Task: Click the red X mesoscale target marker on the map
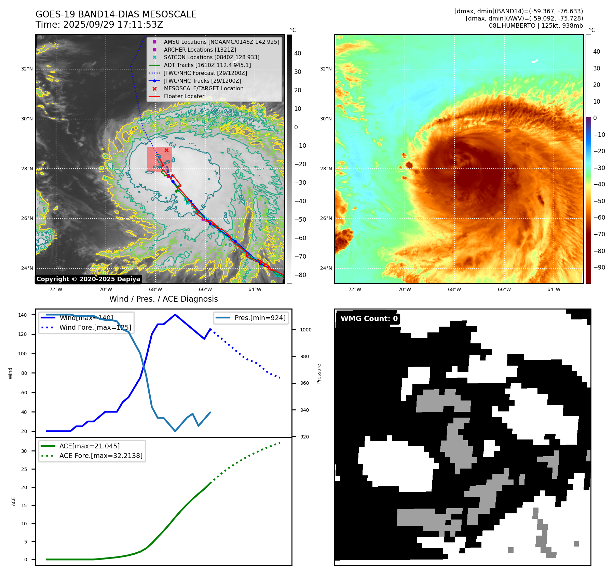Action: (x=166, y=150)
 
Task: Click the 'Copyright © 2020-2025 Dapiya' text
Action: (x=88, y=279)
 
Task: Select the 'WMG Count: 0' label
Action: (x=369, y=319)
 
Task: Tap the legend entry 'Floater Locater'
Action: (x=184, y=96)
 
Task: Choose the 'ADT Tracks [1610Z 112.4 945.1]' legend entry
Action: (x=207, y=65)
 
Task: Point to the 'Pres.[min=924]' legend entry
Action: (x=260, y=318)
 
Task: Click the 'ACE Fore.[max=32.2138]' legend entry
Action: (x=101, y=456)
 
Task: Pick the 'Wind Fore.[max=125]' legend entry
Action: (x=95, y=327)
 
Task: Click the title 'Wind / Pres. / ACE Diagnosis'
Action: (x=163, y=299)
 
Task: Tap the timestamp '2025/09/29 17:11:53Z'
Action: (x=113, y=25)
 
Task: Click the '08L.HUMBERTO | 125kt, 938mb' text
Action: (x=536, y=26)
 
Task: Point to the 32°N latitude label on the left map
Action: (x=27, y=69)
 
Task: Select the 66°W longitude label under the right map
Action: (x=504, y=289)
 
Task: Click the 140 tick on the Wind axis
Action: (x=23, y=315)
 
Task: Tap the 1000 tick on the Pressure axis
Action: (x=306, y=330)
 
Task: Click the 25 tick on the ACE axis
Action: (x=24, y=469)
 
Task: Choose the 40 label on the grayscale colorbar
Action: (x=298, y=53)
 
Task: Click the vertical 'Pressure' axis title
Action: (x=319, y=373)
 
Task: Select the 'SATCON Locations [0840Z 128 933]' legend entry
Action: (x=211, y=57)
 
